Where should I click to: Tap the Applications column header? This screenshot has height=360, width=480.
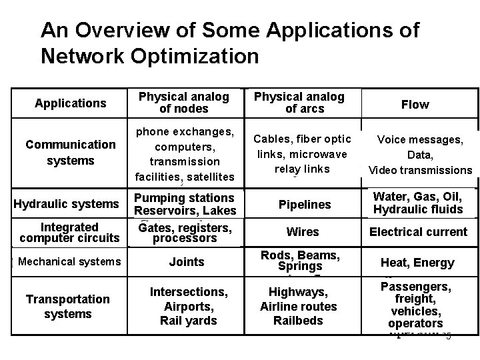[x=71, y=103]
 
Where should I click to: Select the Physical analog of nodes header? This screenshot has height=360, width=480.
[x=183, y=103]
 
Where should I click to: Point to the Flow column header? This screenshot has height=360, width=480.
[x=415, y=105]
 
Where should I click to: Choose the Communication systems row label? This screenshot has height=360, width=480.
[x=70, y=153]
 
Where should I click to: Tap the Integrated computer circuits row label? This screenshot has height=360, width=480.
[x=69, y=233]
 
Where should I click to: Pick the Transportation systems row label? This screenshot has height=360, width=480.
[x=67, y=307]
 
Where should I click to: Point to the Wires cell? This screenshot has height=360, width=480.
[x=303, y=232]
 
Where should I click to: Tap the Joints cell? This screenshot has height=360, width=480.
[x=187, y=262]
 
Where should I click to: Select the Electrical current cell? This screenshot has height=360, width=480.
[x=419, y=232]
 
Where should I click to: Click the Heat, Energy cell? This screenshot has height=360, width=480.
[x=417, y=263]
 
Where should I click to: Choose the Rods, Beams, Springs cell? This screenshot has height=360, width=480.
[x=300, y=261]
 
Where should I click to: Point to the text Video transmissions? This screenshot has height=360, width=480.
[x=420, y=170]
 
